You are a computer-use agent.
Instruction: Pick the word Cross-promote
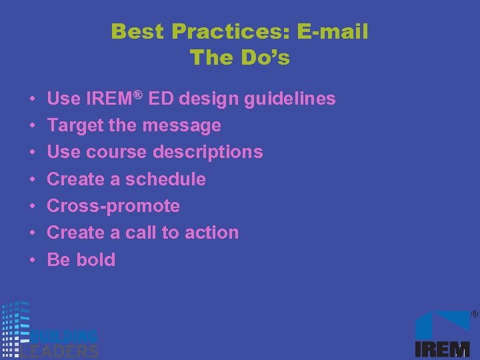pyautogui.click(x=113, y=206)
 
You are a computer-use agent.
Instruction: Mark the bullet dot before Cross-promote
pyautogui.click(x=33, y=207)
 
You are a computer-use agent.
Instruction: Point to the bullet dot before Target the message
pyautogui.click(x=33, y=126)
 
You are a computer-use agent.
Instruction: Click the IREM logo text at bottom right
pyautogui.click(x=442, y=349)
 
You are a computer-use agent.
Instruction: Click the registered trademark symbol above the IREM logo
pyautogui.click(x=474, y=313)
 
